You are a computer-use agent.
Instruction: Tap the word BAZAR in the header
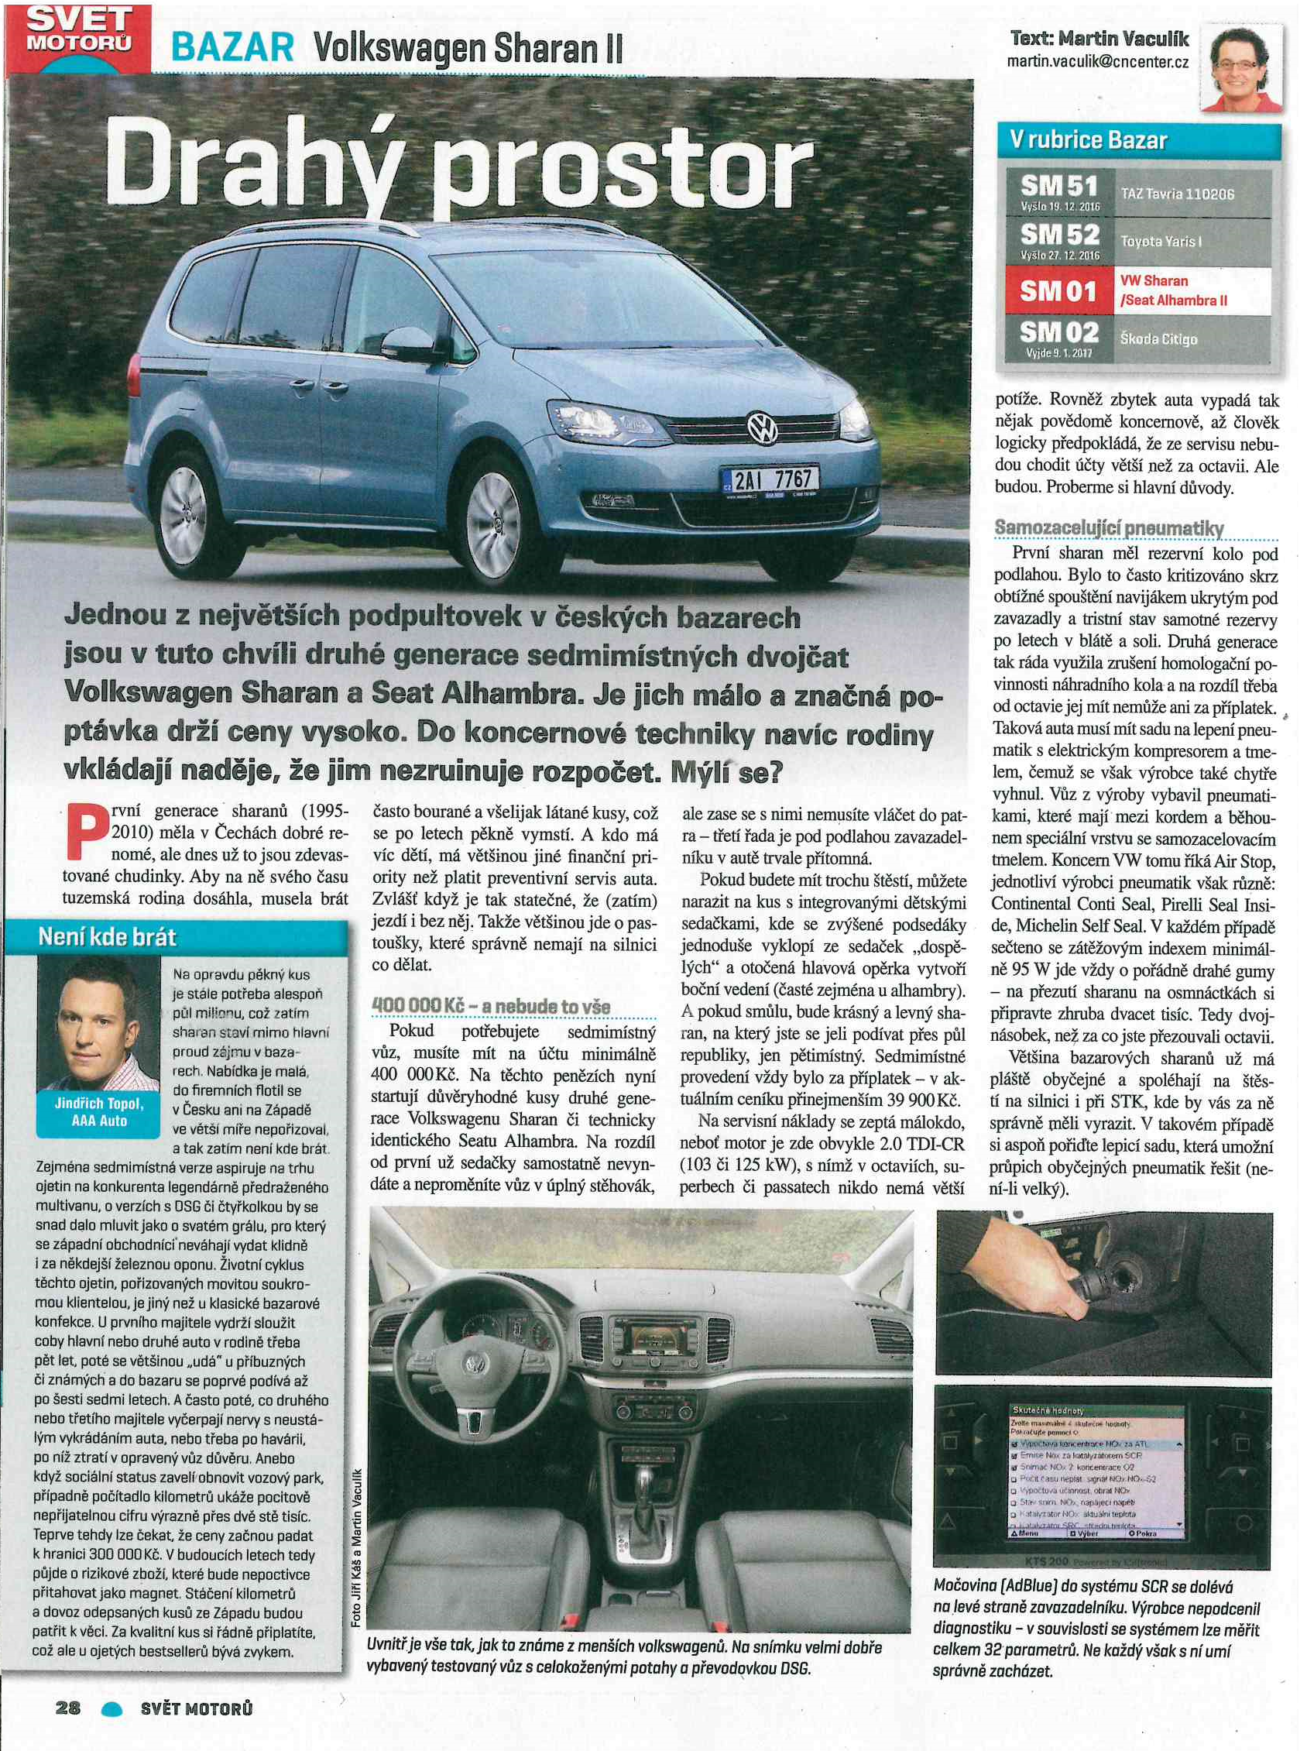(x=233, y=50)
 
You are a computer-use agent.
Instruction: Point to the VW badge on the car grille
(x=763, y=428)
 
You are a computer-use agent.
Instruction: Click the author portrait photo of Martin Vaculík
(x=1240, y=67)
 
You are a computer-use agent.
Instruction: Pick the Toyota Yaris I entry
(x=1161, y=241)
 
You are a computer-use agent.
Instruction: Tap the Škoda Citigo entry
(x=1158, y=338)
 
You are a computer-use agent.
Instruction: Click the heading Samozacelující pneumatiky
(x=1110, y=527)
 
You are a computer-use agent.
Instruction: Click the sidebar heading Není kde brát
(x=108, y=938)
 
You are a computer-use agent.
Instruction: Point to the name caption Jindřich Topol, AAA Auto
(x=100, y=1111)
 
